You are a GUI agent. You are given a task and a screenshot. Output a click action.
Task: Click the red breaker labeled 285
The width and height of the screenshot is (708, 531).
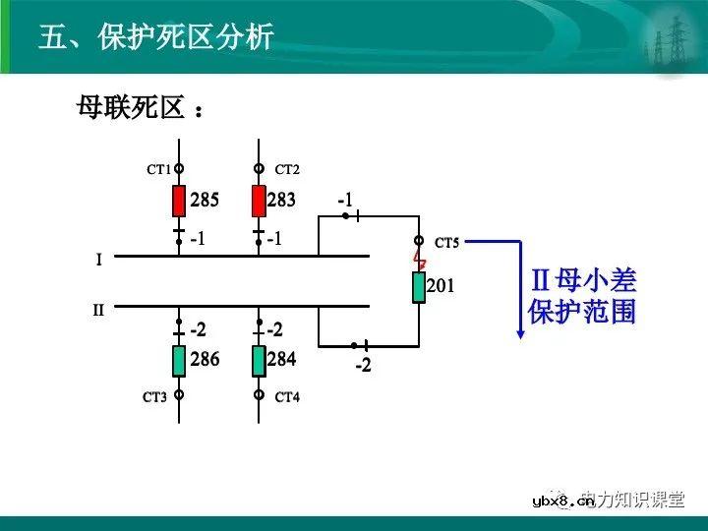(179, 201)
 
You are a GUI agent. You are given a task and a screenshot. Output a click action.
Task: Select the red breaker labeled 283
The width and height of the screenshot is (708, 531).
(259, 201)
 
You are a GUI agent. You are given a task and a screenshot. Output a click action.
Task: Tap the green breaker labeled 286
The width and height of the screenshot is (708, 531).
(179, 361)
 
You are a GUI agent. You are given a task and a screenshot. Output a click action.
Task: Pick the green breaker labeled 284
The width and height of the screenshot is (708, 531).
(259, 361)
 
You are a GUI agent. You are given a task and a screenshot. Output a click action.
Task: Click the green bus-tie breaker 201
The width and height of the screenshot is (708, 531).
(418, 287)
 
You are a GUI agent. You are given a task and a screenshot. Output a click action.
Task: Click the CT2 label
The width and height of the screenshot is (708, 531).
(287, 170)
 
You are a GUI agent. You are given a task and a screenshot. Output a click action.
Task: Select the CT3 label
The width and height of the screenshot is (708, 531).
(155, 397)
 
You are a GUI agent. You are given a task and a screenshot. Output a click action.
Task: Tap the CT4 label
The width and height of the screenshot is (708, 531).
(287, 397)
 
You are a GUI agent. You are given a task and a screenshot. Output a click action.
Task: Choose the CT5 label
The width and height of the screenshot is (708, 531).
(446, 242)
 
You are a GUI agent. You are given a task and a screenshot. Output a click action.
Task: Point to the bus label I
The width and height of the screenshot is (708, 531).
(98, 261)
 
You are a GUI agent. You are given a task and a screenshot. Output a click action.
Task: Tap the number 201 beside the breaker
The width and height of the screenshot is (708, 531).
(441, 286)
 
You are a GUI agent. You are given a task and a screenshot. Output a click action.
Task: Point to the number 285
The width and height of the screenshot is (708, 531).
(205, 201)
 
